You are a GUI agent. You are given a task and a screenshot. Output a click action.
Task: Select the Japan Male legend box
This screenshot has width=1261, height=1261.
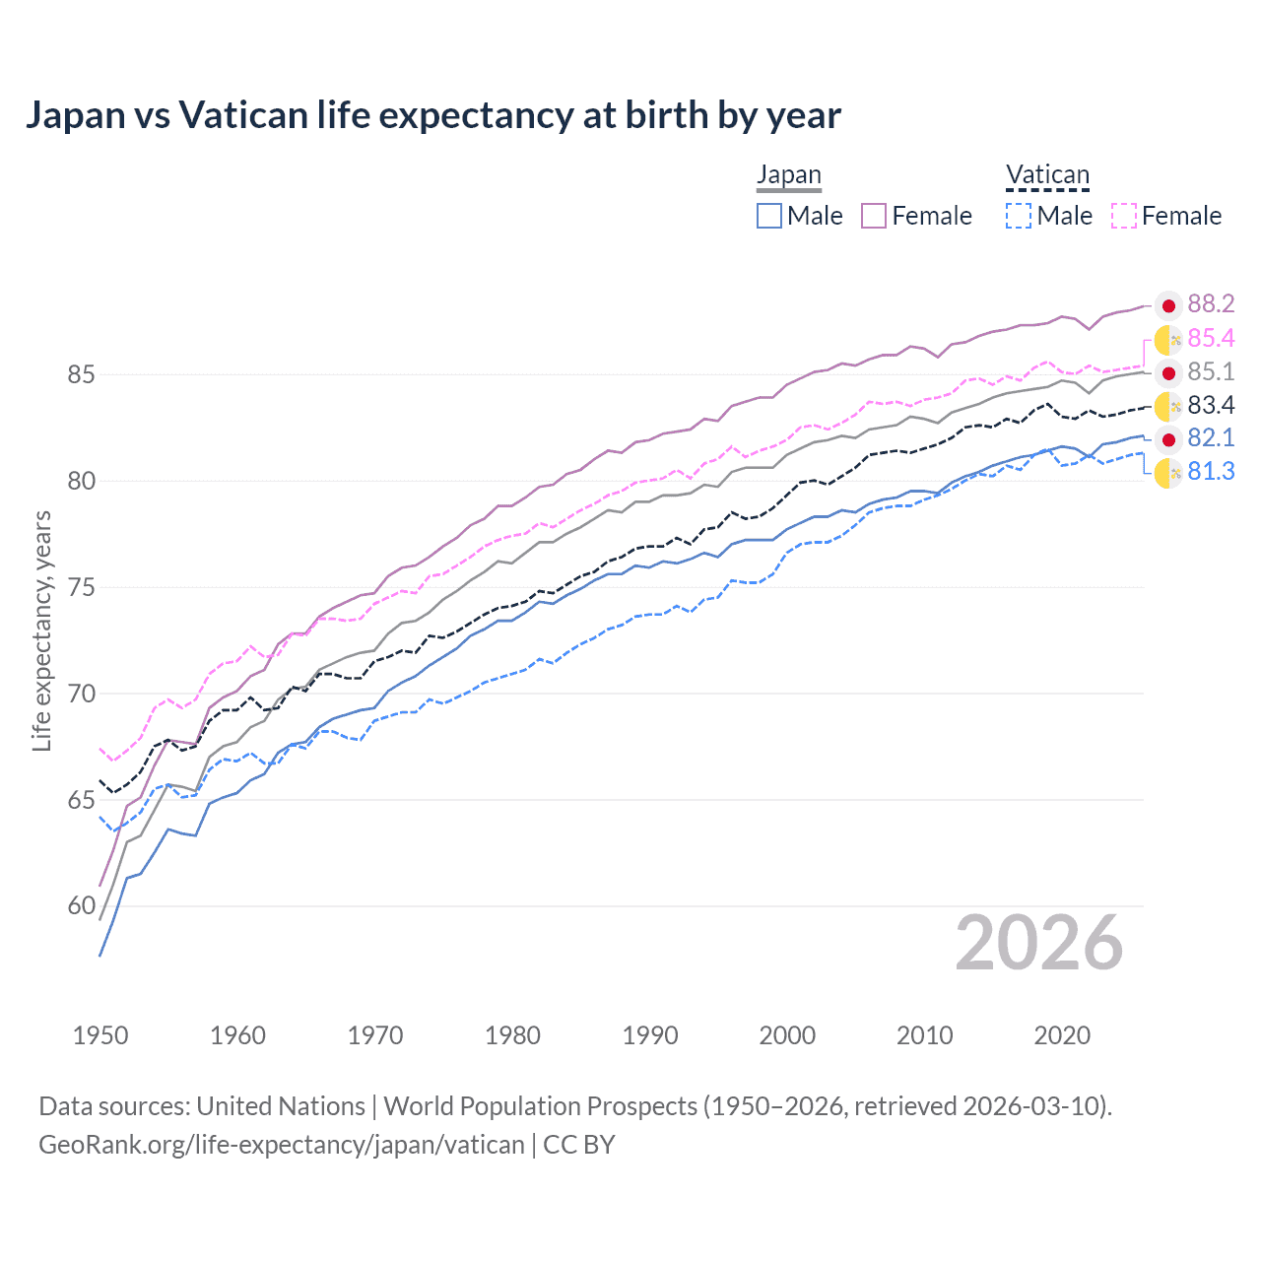pyautogui.click(x=769, y=216)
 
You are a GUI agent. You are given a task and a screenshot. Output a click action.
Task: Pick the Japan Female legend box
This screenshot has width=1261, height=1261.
pyautogui.click(x=874, y=216)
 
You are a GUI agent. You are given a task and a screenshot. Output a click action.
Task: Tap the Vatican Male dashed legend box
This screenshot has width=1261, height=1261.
pyautogui.click(x=1019, y=216)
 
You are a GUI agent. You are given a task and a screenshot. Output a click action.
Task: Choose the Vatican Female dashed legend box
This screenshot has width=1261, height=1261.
pyautogui.click(x=1124, y=216)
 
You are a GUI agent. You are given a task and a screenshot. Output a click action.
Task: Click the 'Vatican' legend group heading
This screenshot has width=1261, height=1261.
pyautogui.click(x=1047, y=175)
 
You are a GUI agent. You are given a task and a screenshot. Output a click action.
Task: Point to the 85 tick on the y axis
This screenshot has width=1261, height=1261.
pyautogui.click(x=82, y=375)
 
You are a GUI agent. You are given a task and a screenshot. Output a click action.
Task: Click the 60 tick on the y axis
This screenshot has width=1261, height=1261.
pyautogui.click(x=82, y=906)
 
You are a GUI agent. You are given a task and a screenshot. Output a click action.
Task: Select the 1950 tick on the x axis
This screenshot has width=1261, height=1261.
pyautogui.click(x=100, y=1035)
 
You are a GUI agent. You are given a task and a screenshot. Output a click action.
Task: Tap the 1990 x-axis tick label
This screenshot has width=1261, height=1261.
pyautogui.click(x=650, y=1035)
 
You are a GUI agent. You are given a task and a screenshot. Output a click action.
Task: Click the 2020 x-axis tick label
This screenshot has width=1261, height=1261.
pyautogui.click(x=1062, y=1035)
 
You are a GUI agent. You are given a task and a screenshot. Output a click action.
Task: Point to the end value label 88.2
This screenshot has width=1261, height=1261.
pyautogui.click(x=1211, y=304)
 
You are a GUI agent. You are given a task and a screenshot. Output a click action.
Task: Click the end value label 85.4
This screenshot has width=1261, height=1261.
pyautogui.click(x=1211, y=339)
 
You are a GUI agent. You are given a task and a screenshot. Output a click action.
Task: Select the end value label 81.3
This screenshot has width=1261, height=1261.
pyautogui.click(x=1211, y=472)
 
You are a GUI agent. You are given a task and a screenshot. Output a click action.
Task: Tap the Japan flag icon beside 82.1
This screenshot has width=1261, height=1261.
pyautogui.click(x=1168, y=439)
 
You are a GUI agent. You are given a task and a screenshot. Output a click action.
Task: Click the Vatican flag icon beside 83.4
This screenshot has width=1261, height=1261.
pyautogui.click(x=1168, y=406)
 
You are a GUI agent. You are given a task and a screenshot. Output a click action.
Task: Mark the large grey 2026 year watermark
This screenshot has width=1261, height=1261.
pyautogui.click(x=1039, y=944)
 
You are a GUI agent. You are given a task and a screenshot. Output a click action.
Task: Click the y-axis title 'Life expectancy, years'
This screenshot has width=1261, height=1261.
pyautogui.click(x=42, y=630)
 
